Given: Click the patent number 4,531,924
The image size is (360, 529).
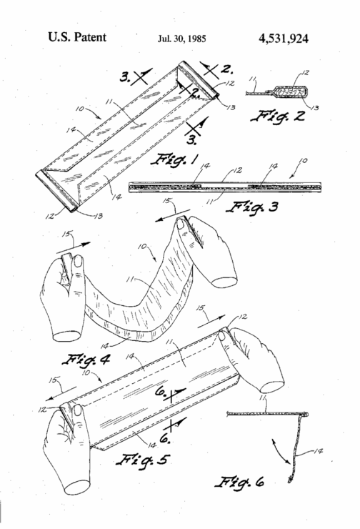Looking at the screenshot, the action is (x=284, y=39).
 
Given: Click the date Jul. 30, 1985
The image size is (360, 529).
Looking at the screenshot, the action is (x=181, y=39).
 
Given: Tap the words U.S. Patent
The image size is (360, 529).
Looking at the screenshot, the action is (x=77, y=36).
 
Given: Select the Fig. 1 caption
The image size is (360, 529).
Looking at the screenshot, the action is (x=174, y=159).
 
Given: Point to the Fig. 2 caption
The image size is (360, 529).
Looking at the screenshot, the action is (x=278, y=117).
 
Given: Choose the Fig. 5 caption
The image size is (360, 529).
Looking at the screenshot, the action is (x=143, y=460).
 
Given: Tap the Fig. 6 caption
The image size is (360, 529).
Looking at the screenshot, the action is (x=240, y=482).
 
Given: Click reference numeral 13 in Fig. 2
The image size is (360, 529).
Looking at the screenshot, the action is (x=314, y=108).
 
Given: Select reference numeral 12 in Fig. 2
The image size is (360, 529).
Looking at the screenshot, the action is (x=305, y=72).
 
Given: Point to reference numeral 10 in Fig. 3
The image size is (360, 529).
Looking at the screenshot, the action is (x=304, y=161).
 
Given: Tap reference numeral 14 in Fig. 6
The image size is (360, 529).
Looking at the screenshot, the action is (x=318, y=451).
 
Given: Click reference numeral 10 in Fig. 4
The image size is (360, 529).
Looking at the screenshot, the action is (x=142, y=247).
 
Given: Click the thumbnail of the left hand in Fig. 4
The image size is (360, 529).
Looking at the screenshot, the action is (x=79, y=261).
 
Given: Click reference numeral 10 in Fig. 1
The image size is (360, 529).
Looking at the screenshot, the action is (x=80, y=109).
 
